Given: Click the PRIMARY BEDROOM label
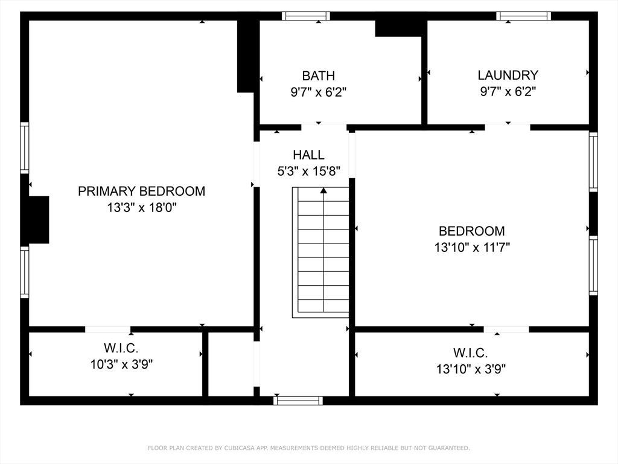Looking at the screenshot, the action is pos(141,192).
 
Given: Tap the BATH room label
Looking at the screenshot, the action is pos(319,76).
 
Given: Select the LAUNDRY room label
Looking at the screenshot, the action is pos(508,75).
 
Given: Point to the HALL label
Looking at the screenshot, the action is pos(308,155).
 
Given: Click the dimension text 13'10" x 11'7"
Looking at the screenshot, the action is pos(472,247).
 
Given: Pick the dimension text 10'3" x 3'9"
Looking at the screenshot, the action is pos(121,364).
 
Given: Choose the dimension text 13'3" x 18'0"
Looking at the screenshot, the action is pos(141,208).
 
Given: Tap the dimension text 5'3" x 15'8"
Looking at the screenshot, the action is pos(308,171).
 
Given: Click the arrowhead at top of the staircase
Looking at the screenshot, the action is pos(323,190).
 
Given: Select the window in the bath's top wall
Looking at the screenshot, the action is pos(306,16).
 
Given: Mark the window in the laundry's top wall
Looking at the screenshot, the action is pos(523,16).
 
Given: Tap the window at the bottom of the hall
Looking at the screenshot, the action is pos(298,401).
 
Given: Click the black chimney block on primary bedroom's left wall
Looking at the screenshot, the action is pos(39,219).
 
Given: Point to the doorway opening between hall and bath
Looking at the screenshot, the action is pos(324,127).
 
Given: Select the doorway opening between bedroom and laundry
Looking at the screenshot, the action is pos(508,127).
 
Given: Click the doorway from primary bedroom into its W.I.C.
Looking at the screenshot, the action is pos(107,329).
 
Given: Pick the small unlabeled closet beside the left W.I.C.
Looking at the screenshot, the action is pos(231,364).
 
